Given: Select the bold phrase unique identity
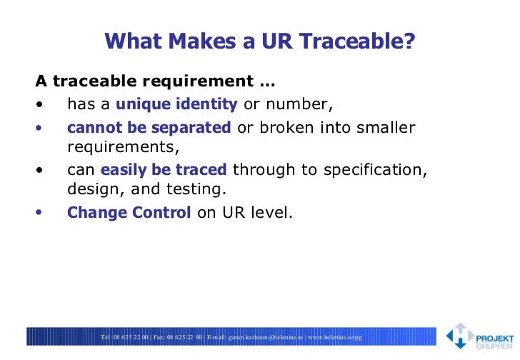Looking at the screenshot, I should pos(176,104).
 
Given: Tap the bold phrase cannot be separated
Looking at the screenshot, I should pos(149,128).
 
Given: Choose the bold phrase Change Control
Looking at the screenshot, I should pos(129,212).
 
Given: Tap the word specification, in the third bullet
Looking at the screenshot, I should pos(375,170).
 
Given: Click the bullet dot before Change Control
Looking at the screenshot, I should pos(39,213).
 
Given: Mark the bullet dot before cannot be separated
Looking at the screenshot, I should pos(39,129).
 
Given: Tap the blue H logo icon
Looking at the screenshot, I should pos(459,336).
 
